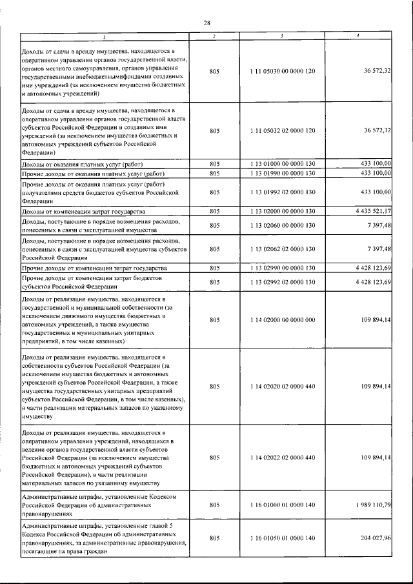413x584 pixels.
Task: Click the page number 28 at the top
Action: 206,23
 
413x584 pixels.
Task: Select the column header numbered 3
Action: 282,35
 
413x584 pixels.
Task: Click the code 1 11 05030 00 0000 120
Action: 282,71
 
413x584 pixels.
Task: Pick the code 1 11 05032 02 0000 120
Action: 282,131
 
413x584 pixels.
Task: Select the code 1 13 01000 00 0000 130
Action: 282,164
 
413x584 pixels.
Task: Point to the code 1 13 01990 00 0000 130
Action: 282,174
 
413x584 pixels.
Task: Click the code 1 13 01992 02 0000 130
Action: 282,192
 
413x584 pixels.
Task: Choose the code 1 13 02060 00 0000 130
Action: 282,225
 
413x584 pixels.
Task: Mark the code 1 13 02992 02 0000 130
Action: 282,281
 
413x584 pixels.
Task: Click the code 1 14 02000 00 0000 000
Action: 282,319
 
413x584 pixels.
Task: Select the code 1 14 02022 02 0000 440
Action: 282,457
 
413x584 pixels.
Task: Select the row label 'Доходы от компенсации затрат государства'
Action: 83,211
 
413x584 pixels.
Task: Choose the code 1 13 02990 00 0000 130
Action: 282,267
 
